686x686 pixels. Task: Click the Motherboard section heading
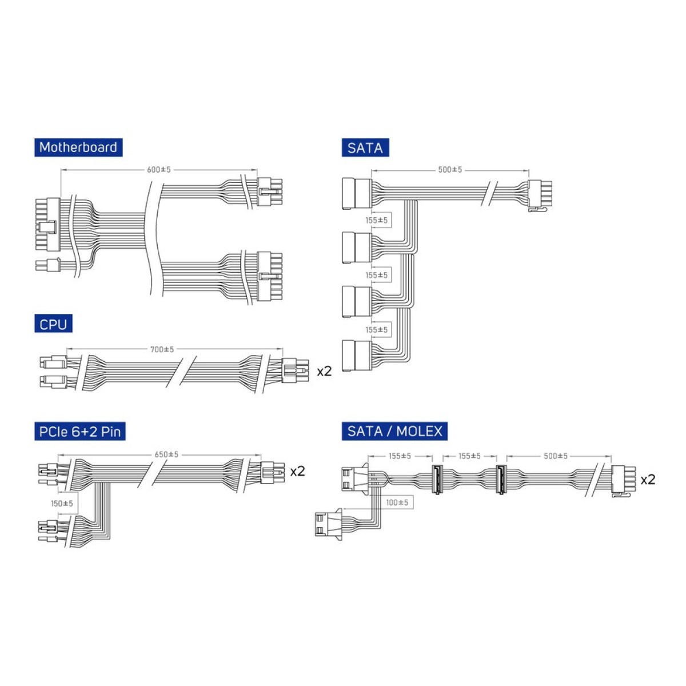click(78, 147)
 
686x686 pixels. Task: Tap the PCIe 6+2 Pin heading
click(80, 432)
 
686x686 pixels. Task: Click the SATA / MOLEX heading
click(395, 432)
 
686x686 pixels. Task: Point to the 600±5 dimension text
click(159, 170)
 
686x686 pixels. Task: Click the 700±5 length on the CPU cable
click(162, 350)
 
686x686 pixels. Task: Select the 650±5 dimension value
click(166, 455)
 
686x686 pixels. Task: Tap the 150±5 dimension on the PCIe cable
click(62, 504)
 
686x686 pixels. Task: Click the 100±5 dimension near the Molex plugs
click(397, 502)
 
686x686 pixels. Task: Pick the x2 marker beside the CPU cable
click(324, 372)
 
